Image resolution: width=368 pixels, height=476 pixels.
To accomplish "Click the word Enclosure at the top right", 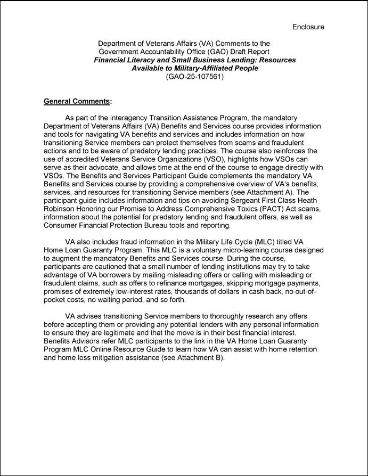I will tap(308, 27).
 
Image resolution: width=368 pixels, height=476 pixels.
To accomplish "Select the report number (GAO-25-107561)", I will tap(194, 76).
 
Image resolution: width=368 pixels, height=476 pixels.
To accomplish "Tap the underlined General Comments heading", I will tap(78, 101).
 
